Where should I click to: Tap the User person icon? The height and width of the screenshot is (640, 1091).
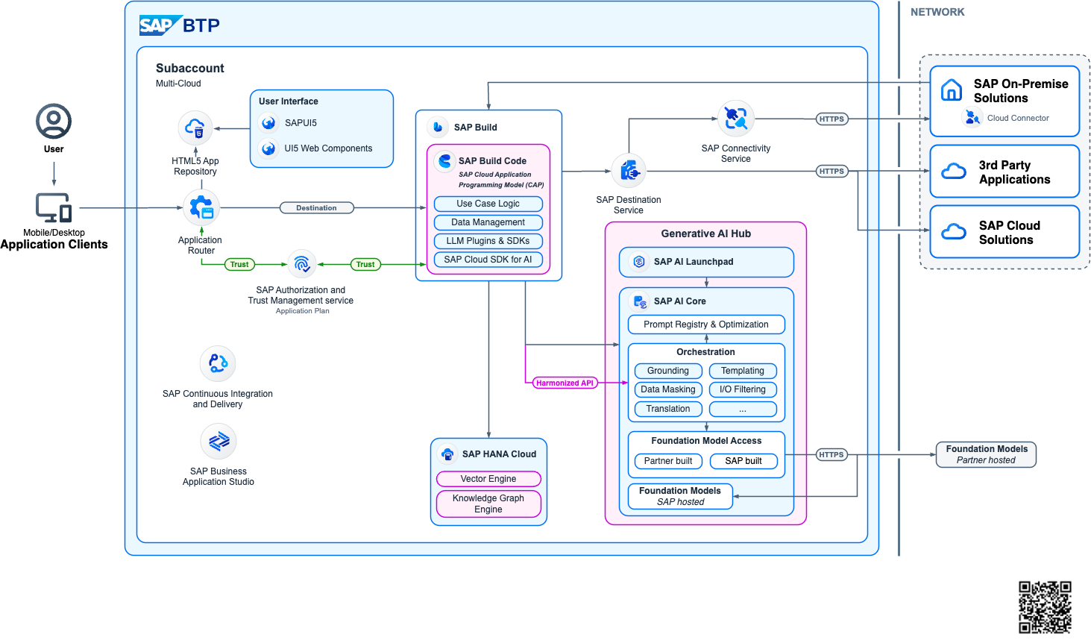pos(54,121)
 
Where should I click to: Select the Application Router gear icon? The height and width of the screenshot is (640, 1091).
pos(201,208)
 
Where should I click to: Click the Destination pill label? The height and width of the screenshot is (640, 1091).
pos(316,208)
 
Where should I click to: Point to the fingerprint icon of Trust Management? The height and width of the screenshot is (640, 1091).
pos(302,264)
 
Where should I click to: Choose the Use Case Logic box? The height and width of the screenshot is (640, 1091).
pos(488,204)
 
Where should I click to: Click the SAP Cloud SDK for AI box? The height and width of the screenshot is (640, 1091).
pos(488,260)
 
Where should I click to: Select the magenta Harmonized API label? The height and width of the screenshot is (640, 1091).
pos(565,383)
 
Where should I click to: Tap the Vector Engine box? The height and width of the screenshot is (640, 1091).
pos(488,479)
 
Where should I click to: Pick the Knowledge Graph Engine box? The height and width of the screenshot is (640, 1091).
pos(488,503)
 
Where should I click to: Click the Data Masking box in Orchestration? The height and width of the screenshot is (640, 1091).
pos(668,389)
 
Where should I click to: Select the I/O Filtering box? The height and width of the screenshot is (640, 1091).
pos(743,389)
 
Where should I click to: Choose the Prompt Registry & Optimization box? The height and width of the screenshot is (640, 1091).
pos(706,324)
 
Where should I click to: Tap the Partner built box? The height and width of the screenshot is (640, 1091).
pos(668,461)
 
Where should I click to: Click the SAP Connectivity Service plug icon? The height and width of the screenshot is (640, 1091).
pos(736,119)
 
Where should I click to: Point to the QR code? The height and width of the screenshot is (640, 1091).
pos(1045,607)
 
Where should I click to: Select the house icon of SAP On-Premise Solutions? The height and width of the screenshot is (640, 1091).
pos(952,90)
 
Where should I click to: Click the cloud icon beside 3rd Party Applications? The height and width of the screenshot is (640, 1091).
pos(954,172)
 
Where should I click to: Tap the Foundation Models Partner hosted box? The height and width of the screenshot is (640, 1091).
pos(986,454)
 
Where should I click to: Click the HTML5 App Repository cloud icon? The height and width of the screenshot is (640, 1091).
pos(195,128)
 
